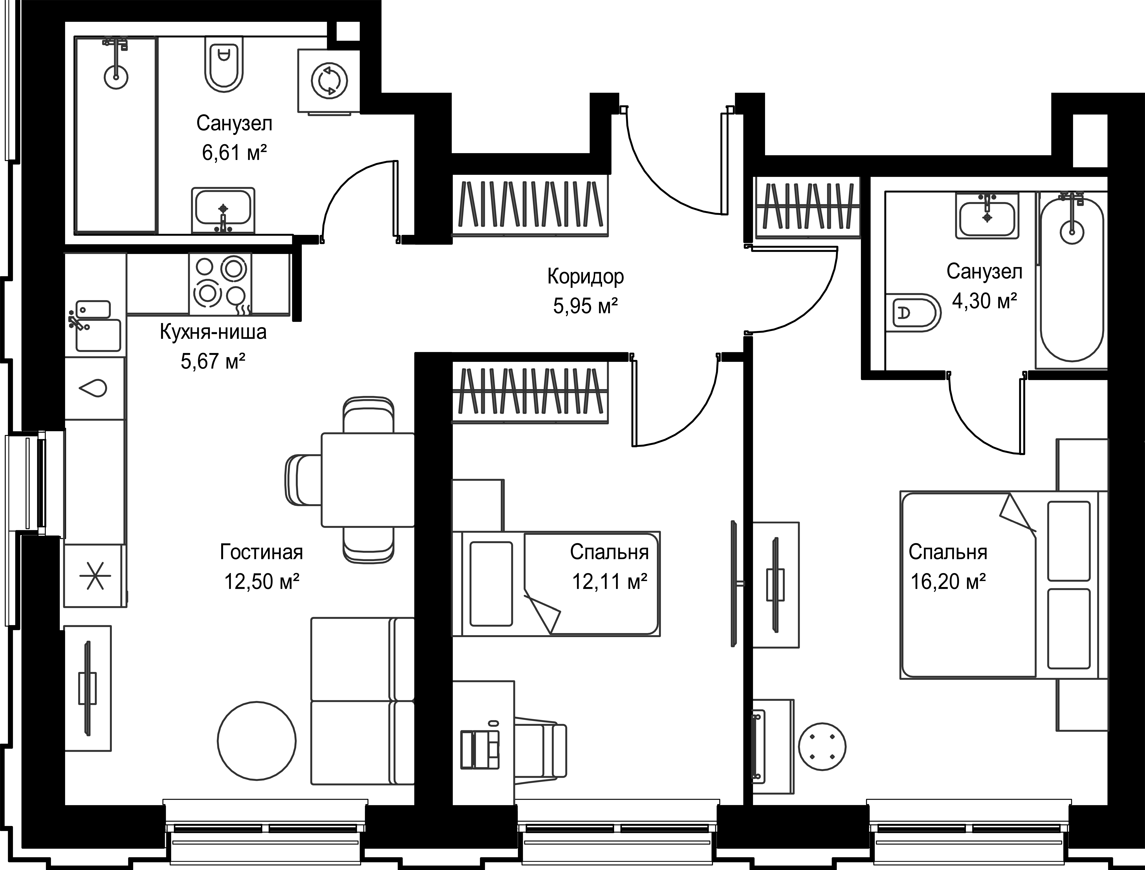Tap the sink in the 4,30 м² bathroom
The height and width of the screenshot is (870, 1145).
987,216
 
